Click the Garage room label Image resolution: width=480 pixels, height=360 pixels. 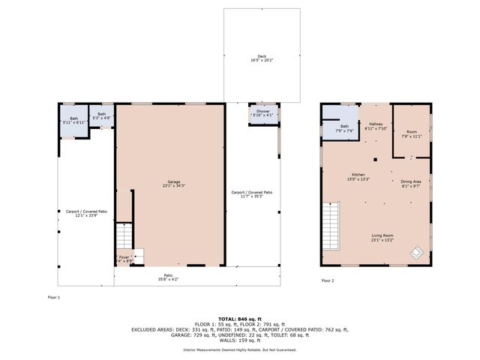point(174,184)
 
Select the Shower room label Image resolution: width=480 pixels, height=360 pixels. point(262,112)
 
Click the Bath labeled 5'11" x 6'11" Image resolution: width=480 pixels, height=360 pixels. point(73,119)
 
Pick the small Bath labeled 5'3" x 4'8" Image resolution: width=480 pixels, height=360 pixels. point(101,116)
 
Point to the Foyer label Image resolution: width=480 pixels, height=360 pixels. point(124,259)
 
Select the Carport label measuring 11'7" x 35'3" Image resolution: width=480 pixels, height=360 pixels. point(252,194)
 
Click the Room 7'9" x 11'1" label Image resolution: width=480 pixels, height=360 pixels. point(412,134)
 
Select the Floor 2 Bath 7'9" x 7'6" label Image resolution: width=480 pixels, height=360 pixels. point(344,128)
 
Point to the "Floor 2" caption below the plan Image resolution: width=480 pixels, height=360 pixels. point(328,280)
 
